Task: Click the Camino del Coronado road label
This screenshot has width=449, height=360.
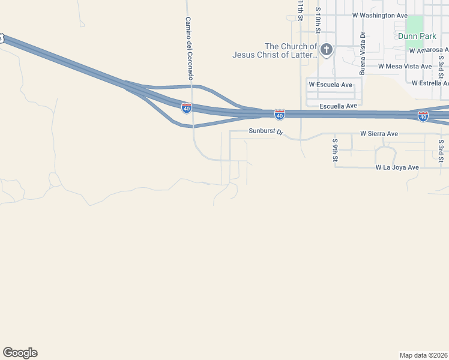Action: click(x=188, y=49)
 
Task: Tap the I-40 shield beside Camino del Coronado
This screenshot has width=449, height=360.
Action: click(x=187, y=107)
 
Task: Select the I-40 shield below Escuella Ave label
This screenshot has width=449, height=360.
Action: click(x=280, y=113)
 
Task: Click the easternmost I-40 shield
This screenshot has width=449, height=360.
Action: click(x=423, y=116)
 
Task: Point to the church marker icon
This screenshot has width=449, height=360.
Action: click(x=326, y=49)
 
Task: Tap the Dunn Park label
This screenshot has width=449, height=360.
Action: click(x=417, y=37)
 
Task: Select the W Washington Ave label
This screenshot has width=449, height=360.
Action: click(x=380, y=15)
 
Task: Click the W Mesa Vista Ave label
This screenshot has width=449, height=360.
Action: click(x=405, y=67)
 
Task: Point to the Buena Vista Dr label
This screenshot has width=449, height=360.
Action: click(x=363, y=53)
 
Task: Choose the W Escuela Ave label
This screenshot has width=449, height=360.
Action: click(x=330, y=85)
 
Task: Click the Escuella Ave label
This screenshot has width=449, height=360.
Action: click(x=338, y=106)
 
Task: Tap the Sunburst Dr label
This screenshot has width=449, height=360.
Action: click(x=265, y=132)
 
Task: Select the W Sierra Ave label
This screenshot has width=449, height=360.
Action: click(x=379, y=134)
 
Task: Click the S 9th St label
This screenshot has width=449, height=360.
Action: click(x=336, y=150)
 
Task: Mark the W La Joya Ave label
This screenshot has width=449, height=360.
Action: click(x=397, y=167)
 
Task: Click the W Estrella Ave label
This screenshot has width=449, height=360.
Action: click(x=430, y=83)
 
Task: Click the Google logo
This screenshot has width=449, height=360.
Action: click(x=20, y=353)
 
